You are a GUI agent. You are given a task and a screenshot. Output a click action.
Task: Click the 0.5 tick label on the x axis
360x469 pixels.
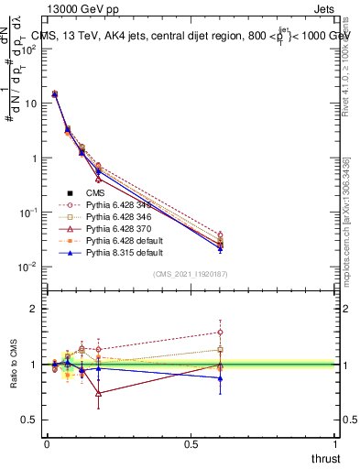[x=192, y=444]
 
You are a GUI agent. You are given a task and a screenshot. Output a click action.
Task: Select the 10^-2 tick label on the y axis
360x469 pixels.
[x=27, y=267]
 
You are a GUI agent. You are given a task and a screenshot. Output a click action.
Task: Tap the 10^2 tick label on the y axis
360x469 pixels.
[x=29, y=49]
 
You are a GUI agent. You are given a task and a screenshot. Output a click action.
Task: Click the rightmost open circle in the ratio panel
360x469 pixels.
[x=221, y=333]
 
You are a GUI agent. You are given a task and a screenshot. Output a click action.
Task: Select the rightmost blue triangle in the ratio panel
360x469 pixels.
[x=221, y=378]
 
